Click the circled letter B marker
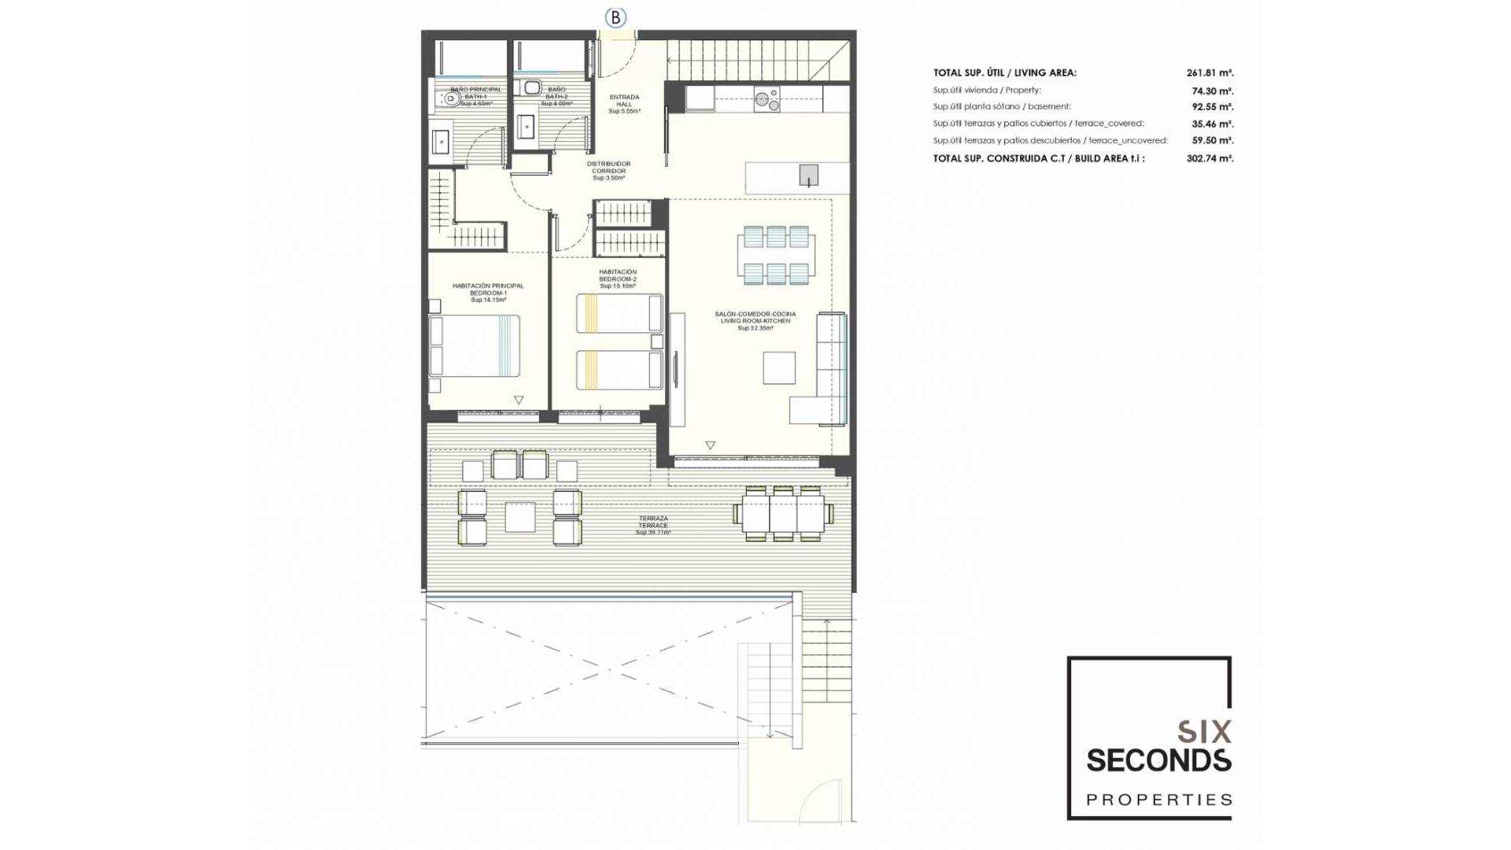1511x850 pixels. pyautogui.click(x=615, y=17)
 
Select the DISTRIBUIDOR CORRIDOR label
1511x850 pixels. pyautogui.click(x=608, y=171)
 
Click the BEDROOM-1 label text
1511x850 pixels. pyautogui.click(x=488, y=293)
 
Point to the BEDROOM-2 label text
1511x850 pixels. pyautogui.click(x=618, y=279)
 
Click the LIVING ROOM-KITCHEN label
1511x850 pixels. pyautogui.click(x=755, y=320)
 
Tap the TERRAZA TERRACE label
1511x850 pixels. pyautogui.click(x=653, y=525)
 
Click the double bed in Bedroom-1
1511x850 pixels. pyautogui.click(x=475, y=346)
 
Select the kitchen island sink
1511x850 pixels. pyautogui.click(x=808, y=175)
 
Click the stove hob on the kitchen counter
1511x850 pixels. pyautogui.click(x=767, y=100)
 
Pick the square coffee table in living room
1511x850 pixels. pyautogui.click(x=778, y=368)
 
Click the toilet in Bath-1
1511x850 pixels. pyautogui.click(x=449, y=99)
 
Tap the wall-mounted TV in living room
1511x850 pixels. pyautogui.click(x=675, y=368)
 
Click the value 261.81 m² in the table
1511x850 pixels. pyautogui.click(x=1210, y=73)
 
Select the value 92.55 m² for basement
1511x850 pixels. pyautogui.click(x=1212, y=107)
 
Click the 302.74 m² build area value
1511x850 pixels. pyautogui.click(x=1210, y=158)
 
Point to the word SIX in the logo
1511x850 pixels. pyautogui.click(x=1204, y=733)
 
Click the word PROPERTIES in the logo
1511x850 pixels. pyautogui.click(x=1158, y=800)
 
